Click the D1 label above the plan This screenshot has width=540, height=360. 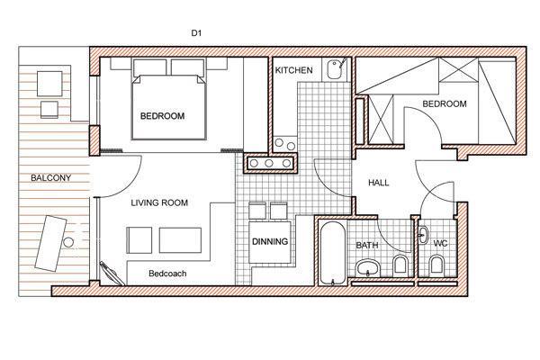pos(196,33)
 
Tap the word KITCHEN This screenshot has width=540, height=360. pos(293,70)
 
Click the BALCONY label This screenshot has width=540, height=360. pos(51,178)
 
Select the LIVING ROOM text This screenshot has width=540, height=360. pos(159,202)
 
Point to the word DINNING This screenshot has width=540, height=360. pos(270,241)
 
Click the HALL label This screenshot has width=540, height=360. pos(379,183)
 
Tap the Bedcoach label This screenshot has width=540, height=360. pos(167,274)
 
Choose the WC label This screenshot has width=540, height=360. pos(440,244)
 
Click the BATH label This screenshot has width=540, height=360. pos(367,246)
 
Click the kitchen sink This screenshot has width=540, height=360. pos(334,69)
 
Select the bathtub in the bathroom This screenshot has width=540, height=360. pos(332,253)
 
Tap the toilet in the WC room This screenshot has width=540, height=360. pos(436,265)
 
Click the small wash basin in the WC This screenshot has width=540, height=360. pos(423,235)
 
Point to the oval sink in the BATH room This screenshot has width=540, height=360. pos(368,267)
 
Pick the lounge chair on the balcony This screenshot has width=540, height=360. pos(51,244)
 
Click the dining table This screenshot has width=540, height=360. pos(270,242)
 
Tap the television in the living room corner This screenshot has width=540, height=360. pos(112,274)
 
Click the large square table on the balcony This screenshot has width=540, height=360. pos(49,84)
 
